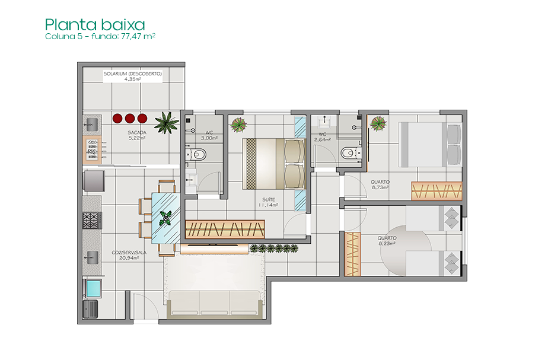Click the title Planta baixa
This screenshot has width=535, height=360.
point(95,25)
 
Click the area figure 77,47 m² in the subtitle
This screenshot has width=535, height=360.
point(138,36)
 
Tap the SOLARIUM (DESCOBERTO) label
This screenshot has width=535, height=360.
point(133,74)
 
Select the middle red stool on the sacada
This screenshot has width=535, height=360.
point(130,119)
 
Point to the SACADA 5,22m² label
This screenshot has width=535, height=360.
point(137,135)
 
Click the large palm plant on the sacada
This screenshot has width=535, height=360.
point(167,122)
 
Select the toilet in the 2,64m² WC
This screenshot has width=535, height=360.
point(351,153)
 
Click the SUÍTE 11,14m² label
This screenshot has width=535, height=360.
point(268,202)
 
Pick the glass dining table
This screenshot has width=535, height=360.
point(166,218)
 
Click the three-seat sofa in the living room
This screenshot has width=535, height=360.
point(215,303)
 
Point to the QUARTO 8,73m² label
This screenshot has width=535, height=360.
point(380,184)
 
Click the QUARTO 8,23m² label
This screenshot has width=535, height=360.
point(387,241)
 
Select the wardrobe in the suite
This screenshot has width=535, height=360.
point(225,229)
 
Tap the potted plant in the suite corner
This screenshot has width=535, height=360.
point(238,125)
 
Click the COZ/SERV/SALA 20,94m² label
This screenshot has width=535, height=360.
point(129,255)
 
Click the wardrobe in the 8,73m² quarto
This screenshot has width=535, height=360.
point(437,191)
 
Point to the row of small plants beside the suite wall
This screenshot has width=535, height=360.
point(274,248)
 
